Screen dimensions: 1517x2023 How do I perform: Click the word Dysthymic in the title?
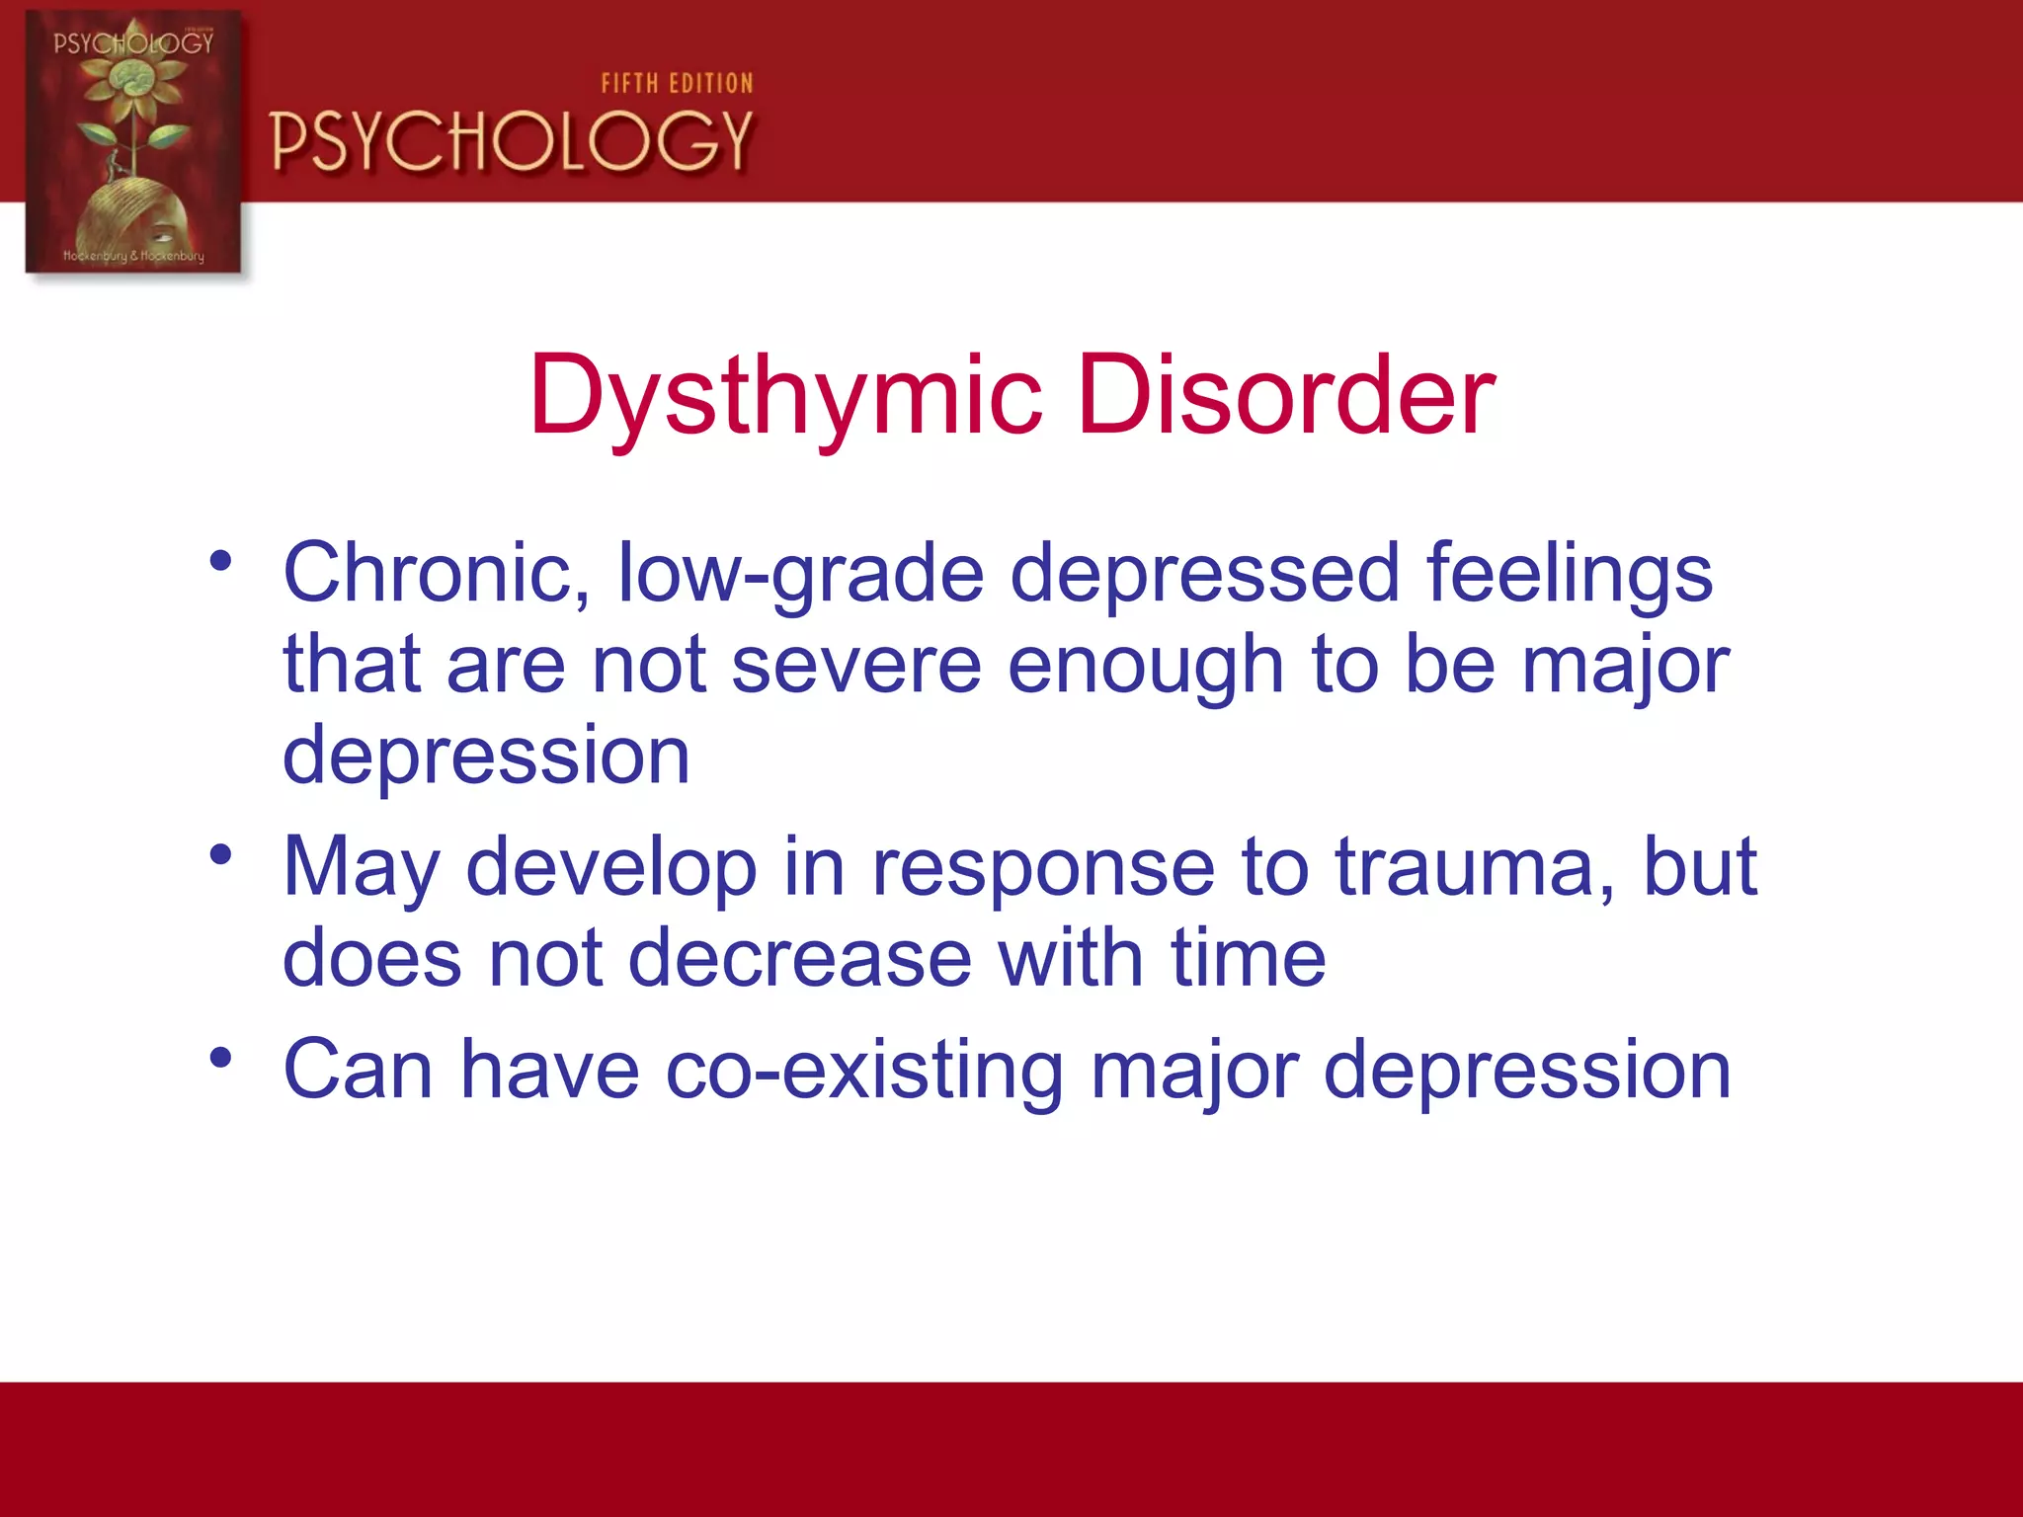tap(785, 397)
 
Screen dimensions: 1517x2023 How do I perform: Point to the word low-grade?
tap(801, 576)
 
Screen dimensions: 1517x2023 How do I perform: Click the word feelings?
tap(1570, 576)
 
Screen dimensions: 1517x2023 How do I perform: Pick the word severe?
tap(856, 665)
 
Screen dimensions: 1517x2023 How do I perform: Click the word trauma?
tap(1476, 868)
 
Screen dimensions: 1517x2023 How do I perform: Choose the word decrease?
tap(800, 958)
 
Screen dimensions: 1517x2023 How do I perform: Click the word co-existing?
tap(864, 1071)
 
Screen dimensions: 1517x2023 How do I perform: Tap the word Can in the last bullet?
tap(358, 1070)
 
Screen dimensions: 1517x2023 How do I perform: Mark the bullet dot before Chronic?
tap(220, 561)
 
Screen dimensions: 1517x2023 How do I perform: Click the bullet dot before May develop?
tap(220, 853)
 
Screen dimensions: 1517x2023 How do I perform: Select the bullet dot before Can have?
tap(220, 1057)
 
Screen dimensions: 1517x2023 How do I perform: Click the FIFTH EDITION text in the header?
tap(677, 84)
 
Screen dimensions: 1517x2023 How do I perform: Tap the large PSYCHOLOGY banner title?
tap(512, 141)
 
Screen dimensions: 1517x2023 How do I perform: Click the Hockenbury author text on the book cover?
tap(133, 256)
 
